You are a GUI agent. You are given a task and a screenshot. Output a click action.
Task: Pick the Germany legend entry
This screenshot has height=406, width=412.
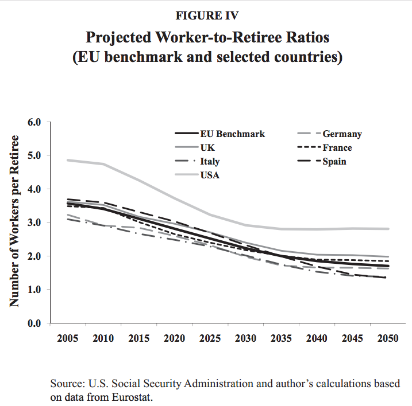tap(342, 134)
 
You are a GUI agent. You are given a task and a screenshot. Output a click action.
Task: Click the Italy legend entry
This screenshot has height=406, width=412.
tap(210, 162)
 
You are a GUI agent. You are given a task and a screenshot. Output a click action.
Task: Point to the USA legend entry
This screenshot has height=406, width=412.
tap(209, 175)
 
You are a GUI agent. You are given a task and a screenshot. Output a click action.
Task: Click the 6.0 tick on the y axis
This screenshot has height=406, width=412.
tap(36, 122)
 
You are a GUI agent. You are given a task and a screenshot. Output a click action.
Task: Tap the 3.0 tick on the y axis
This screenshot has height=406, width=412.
tap(36, 222)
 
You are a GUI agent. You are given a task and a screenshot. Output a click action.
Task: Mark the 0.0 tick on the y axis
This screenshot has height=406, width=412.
tap(36, 323)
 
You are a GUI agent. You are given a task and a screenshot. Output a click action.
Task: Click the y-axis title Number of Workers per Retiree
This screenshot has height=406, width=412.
tap(16, 221)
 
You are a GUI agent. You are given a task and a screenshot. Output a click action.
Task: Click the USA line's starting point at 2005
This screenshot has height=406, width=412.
tap(68, 160)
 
